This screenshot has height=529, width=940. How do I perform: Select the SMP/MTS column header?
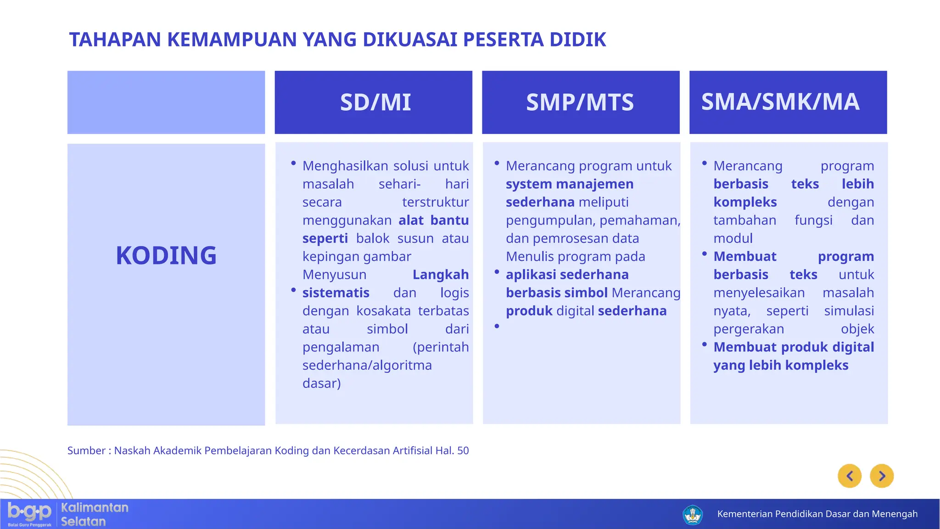click(580, 102)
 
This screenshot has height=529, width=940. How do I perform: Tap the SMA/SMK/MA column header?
click(780, 102)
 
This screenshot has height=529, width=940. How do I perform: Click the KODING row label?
click(166, 256)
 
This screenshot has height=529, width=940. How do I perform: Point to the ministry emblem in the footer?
click(693, 515)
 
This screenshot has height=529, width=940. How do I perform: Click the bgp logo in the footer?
click(29, 513)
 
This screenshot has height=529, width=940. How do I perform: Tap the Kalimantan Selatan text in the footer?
click(95, 514)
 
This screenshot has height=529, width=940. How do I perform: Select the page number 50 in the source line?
click(463, 450)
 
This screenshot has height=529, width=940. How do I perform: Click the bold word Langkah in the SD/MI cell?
click(440, 275)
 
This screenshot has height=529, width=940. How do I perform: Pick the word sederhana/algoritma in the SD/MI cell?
click(367, 366)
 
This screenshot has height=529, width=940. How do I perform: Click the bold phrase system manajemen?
click(569, 184)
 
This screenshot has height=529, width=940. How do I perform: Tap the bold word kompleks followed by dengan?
click(745, 202)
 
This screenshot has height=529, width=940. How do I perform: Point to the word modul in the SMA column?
click(733, 238)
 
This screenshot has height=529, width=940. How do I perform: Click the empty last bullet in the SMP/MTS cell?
click(497, 326)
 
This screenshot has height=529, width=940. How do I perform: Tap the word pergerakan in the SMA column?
click(748, 329)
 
